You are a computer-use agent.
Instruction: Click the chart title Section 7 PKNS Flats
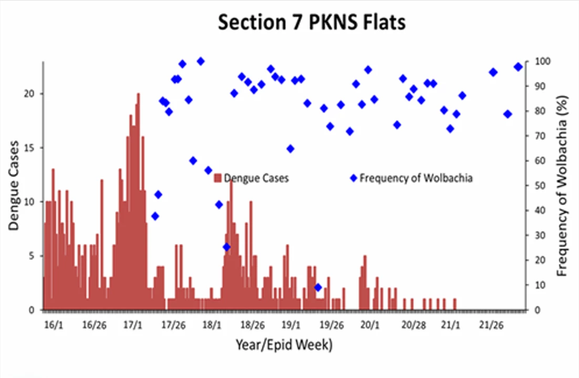(312, 22)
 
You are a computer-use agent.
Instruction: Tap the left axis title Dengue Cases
(14, 186)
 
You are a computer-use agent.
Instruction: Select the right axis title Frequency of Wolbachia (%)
(562, 186)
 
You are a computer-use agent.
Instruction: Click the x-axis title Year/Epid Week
(284, 345)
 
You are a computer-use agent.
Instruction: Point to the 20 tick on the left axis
(29, 94)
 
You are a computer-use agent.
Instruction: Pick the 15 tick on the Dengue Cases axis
(29, 148)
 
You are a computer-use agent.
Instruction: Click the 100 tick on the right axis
(543, 61)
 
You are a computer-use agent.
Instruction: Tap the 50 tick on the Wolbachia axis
(540, 186)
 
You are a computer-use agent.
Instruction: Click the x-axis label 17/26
(173, 325)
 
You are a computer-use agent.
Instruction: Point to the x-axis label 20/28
(413, 325)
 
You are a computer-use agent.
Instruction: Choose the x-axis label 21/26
(491, 325)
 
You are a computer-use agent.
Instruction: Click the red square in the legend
(218, 178)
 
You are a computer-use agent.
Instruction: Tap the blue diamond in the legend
(354, 178)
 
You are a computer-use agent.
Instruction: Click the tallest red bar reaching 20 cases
(139, 201)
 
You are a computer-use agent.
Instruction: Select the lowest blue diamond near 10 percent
(318, 287)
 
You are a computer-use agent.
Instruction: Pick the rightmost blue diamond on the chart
(518, 67)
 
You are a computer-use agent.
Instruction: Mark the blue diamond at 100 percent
(201, 61)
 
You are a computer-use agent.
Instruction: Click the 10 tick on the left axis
(29, 202)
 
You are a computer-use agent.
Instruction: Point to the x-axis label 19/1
(291, 325)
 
